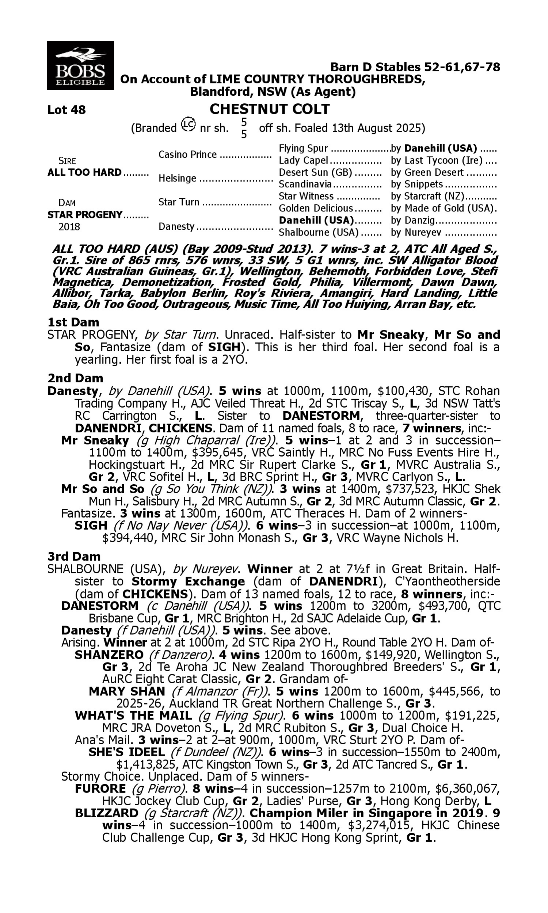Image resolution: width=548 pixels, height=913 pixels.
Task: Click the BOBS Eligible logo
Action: click(80, 66)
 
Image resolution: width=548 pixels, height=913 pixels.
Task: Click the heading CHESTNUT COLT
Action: click(270, 109)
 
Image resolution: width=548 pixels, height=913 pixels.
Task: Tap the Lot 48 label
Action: click(66, 110)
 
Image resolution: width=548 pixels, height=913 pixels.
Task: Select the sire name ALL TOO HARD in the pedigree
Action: click(84, 173)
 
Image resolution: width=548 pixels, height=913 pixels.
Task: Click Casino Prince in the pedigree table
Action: click(187, 154)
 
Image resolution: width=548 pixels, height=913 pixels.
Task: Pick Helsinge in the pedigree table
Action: click(177, 179)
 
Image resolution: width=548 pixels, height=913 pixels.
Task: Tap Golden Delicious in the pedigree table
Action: click(316, 209)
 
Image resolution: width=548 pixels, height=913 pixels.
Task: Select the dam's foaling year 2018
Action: click(69, 227)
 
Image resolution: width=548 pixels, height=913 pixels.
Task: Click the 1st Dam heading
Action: click(73, 322)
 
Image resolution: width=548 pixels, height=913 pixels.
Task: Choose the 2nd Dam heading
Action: click(75, 378)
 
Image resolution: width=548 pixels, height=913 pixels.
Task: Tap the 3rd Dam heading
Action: click(74, 557)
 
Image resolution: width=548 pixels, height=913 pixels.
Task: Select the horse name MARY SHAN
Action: click(127, 691)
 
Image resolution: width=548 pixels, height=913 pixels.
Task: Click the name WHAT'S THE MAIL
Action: click(133, 715)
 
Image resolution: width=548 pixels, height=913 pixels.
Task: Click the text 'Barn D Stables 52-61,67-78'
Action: click(415, 67)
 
